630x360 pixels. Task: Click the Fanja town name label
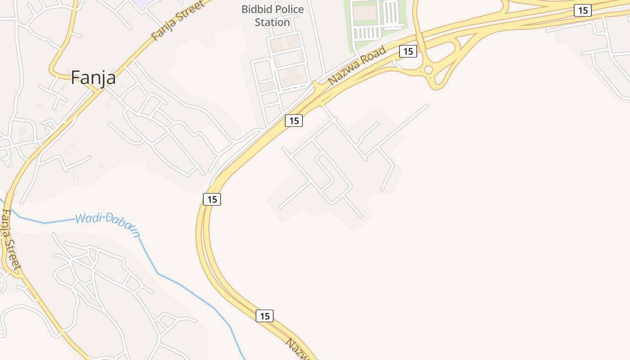[93, 78]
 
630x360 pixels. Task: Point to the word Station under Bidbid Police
[272, 22]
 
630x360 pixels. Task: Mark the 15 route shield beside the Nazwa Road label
[408, 51]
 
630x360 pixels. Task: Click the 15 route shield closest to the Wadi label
[211, 199]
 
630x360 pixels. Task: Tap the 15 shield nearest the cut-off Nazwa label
[265, 316]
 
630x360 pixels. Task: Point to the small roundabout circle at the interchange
[428, 69]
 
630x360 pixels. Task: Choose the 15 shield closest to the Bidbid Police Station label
[293, 121]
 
